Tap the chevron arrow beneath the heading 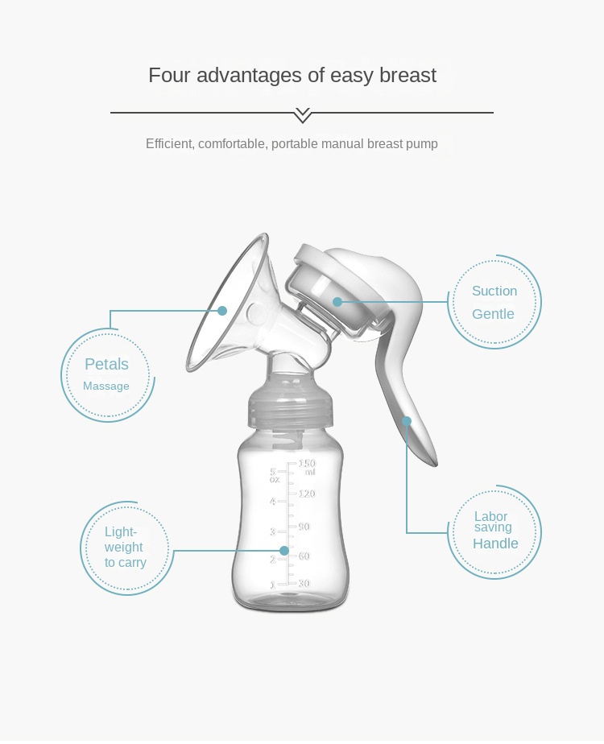point(302,114)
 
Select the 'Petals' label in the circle point(106,364)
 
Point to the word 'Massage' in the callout point(106,386)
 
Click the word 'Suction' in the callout point(494,291)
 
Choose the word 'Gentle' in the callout point(493,314)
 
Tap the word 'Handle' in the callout point(495,544)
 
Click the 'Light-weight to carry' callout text point(125,547)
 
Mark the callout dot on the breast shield point(222,310)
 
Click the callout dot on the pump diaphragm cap point(337,302)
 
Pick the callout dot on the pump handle point(407,420)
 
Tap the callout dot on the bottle point(283,551)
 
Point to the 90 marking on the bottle point(304,526)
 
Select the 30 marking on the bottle point(304,583)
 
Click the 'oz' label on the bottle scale point(275,480)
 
